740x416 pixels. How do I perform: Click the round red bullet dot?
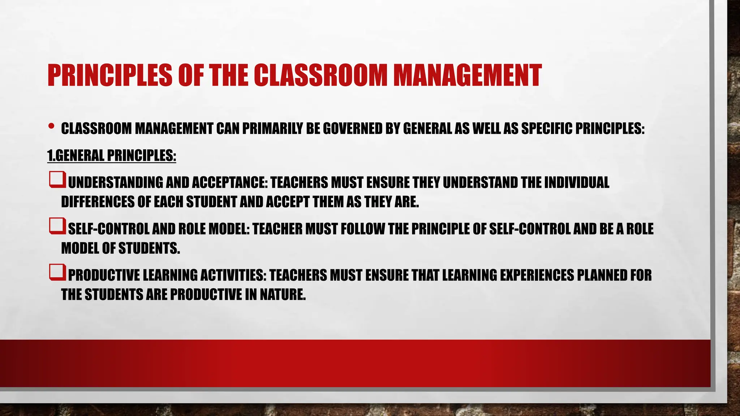pos(51,126)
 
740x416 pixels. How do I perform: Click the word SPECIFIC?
pos(547,129)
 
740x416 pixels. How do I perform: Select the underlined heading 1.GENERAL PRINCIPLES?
pos(112,156)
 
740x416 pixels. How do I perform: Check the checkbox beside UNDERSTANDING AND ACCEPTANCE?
pos(57,180)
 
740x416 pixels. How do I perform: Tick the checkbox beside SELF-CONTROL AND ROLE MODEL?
pos(57,226)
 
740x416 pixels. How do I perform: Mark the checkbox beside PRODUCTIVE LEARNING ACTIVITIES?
pos(57,273)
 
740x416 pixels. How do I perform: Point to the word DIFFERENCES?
pos(98,202)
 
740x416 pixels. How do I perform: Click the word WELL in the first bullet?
pos(487,129)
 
